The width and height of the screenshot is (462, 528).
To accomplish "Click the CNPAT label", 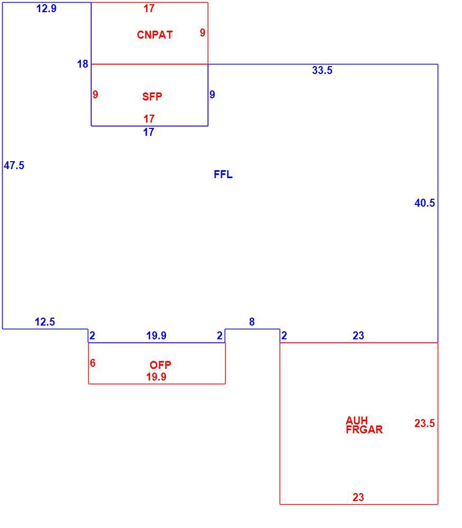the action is point(155,35).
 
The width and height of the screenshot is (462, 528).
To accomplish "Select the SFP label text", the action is point(152,97).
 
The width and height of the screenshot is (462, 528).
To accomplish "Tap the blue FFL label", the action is point(223,174).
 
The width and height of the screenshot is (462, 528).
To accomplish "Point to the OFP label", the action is point(160,365).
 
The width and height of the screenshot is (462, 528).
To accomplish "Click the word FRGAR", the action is point(364,430).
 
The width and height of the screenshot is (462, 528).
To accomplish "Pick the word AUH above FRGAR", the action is point(357,421).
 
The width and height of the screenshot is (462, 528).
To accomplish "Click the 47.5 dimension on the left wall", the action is point(14,165).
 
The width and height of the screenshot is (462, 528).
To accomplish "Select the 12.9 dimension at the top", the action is point(47,8).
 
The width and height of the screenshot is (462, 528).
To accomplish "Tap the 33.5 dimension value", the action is point(322,70).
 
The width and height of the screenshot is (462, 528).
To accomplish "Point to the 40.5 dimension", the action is point(424,203).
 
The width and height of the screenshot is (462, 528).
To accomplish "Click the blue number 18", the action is point(82,63).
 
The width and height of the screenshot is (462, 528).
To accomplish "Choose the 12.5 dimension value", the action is point(45,321).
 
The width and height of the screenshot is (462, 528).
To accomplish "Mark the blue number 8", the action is point(252,321).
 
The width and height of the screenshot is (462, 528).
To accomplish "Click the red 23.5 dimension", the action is point(424,423).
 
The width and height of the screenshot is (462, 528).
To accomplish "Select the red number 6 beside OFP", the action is point(93,363).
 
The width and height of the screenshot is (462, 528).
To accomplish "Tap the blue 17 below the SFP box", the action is point(149,132).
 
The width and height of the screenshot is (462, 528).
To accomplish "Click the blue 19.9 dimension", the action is point(156,336).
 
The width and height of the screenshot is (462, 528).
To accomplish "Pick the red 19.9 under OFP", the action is point(156,376).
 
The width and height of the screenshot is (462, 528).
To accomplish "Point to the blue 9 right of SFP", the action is point(212,94).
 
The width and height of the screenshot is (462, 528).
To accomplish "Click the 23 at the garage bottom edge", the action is point(358,497).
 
